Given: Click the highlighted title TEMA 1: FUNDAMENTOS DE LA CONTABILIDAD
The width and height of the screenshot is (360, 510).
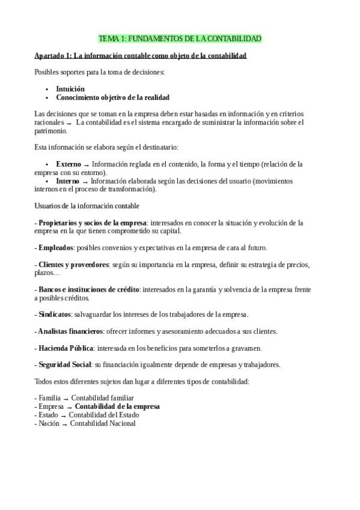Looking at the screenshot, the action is (x=180, y=39).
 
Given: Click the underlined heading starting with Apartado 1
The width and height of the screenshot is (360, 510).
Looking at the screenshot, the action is (x=140, y=56).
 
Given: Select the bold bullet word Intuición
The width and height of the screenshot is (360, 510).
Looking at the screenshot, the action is (x=70, y=88).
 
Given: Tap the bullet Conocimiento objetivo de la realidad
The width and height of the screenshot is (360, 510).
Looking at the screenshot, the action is (x=112, y=97).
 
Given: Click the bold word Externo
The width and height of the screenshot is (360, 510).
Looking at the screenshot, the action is (x=69, y=164).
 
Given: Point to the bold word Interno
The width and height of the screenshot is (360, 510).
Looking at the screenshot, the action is (x=67, y=181).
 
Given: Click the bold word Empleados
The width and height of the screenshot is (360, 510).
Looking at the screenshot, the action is (x=55, y=248).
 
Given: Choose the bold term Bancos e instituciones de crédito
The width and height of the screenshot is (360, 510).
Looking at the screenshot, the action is (x=88, y=289).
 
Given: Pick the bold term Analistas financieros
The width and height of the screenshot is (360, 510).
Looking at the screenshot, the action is (x=70, y=331).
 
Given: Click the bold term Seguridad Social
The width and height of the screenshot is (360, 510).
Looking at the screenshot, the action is (x=64, y=364).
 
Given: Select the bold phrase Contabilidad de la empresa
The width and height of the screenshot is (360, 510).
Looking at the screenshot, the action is (x=117, y=407).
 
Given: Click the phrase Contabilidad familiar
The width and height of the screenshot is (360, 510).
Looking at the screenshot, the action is (x=102, y=398).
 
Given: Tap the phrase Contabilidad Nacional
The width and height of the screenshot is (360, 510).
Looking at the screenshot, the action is (x=103, y=423).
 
